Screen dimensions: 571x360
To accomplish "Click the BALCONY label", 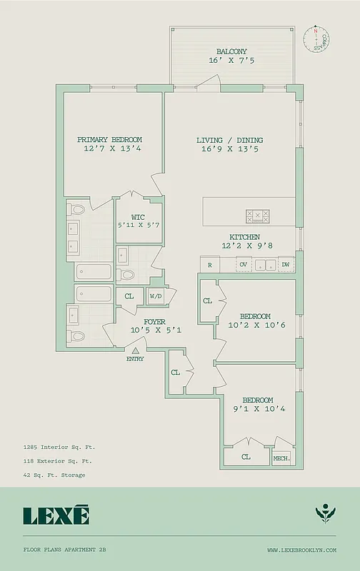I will (x=231, y=51).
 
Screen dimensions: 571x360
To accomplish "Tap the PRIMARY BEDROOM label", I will (x=109, y=139).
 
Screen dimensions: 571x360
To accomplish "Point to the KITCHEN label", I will (x=244, y=237).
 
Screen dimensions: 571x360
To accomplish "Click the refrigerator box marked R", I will (x=210, y=265).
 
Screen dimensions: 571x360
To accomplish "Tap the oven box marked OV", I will (x=244, y=265).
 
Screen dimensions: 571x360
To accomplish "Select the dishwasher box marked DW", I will (x=286, y=265).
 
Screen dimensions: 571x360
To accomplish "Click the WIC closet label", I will (x=139, y=218).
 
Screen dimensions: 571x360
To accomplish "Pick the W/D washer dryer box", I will (x=156, y=295).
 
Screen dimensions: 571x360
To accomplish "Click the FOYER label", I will (x=155, y=322).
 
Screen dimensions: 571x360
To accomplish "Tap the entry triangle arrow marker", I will (x=135, y=350).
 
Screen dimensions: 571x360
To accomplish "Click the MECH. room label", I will (x=281, y=458).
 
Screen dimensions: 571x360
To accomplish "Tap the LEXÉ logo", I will (x=56, y=515).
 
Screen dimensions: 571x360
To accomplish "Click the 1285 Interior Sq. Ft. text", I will (x=59, y=447).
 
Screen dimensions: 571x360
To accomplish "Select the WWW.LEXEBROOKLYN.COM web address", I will (x=301, y=550).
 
